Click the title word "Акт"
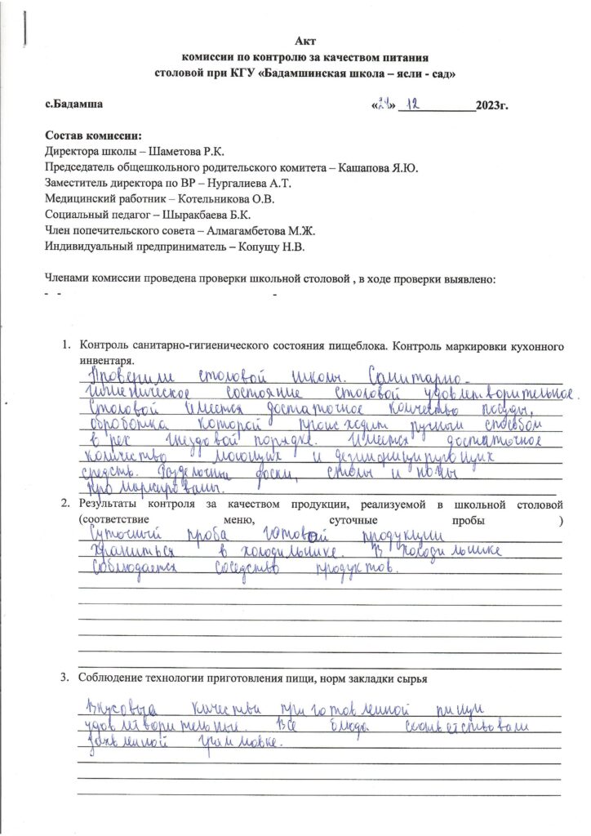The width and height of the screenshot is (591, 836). (x=304, y=42)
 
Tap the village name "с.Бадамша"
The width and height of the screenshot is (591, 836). (x=73, y=104)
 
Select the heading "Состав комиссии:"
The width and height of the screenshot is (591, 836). (x=93, y=136)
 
